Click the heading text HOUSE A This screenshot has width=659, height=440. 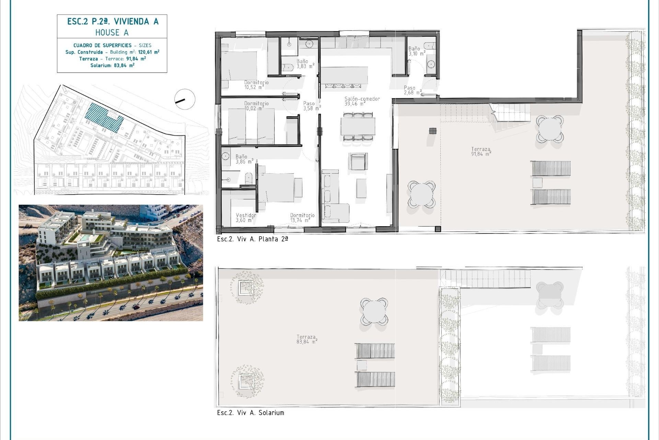(112, 33)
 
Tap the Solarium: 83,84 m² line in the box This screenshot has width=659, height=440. (112, 65)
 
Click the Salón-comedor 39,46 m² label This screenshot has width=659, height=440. (362, 101)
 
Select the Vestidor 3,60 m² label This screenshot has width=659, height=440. (246, 218)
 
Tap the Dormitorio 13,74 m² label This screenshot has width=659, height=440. (302, 218)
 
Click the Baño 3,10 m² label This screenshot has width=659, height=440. (416, 51)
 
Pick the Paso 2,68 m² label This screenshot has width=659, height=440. (412, 90)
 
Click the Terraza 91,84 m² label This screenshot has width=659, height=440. (481, 152)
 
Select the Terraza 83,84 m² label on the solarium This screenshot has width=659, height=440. (306, 339)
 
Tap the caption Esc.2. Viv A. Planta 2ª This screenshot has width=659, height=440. (252, 239)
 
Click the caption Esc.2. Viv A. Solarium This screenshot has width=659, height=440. (251, 413)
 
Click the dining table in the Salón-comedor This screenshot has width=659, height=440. (358, 126)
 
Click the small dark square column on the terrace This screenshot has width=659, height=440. (432, 131)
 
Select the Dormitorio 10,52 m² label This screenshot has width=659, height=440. (256, 85)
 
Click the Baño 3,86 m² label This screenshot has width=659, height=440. (244, 159)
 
